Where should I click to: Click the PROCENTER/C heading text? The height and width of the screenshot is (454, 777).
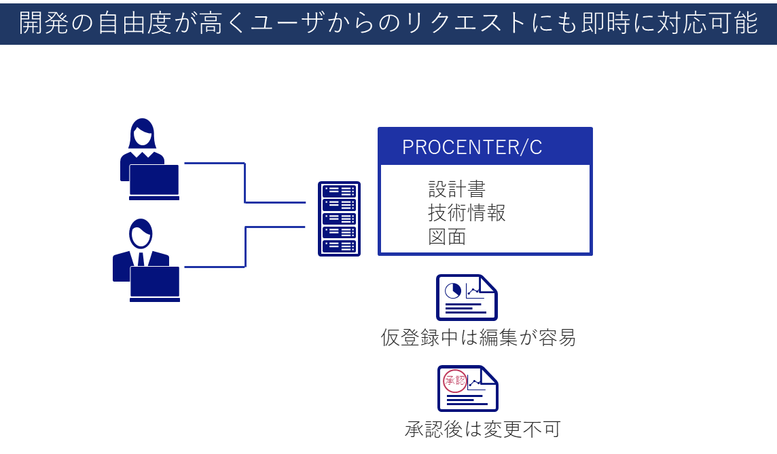(x=472, y=147)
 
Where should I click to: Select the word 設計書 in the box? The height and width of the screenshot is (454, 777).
(x=456, y=189)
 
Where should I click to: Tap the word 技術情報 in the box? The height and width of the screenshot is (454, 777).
(x=467, y=213)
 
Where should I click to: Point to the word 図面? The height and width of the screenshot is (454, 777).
(x=447, y=237)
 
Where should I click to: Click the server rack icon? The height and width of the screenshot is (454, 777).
(x=339, y=219)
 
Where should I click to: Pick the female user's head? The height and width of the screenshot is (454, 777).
(x=142, y=133)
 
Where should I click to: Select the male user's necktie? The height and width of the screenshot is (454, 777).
(x=141, y=259)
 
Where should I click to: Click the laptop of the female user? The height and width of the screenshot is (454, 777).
(x=154, y=182)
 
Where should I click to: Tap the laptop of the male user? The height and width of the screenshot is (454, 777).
(x=155, y=284)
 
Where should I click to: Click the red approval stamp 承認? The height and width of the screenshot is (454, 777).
(x=455, y=381)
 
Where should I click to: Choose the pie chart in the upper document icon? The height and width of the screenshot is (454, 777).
(x=453, y=291)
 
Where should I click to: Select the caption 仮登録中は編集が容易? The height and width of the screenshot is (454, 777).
(x=478, y=338)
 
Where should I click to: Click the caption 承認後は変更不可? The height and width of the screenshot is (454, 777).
(x=483, y=430)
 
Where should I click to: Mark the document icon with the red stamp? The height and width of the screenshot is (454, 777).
(x=468, y=389)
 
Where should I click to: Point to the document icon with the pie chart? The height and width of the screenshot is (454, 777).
(x=467, y=297)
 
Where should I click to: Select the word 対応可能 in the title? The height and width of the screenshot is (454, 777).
(x=708, y=23)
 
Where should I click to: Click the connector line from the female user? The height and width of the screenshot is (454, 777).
(x=245, y=183)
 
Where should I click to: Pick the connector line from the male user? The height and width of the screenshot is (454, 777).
(x=245, y=246)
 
